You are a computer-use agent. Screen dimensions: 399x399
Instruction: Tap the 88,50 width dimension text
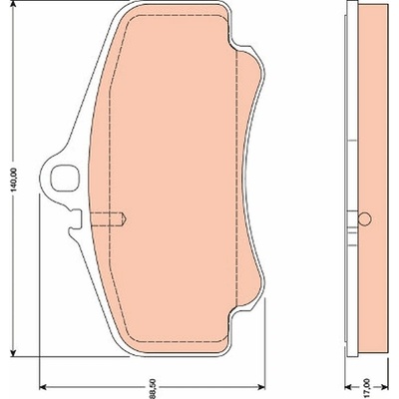(153, 392)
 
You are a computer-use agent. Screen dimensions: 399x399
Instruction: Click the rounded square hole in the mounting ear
(64, 179)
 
